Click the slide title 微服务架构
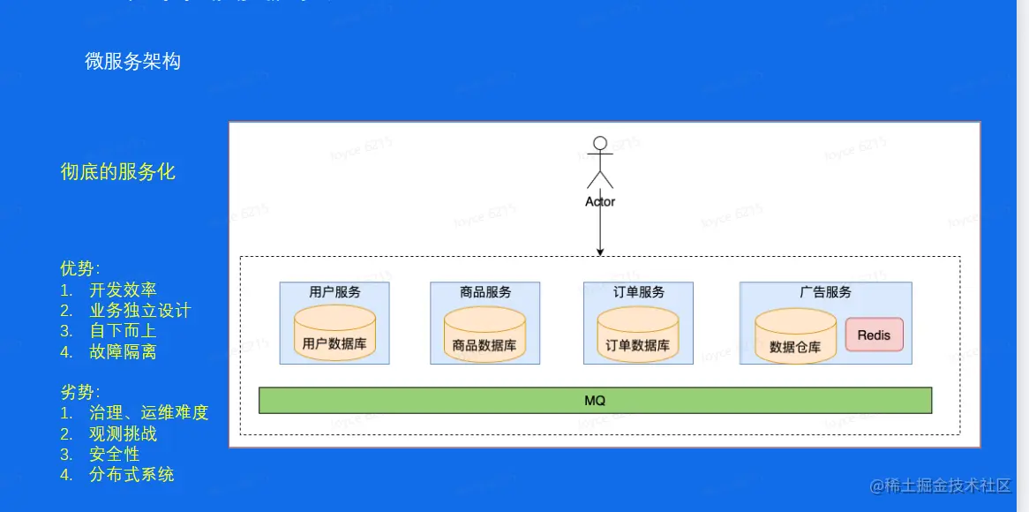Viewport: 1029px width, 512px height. [132, 61]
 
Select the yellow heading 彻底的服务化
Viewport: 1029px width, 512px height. [118, 172]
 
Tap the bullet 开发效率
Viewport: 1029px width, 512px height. [123, 290]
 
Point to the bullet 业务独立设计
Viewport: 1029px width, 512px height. [139, 311]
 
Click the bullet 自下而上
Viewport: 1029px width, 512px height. [123, 331]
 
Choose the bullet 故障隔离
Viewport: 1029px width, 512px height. [123, 351]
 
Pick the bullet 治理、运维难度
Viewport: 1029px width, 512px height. [148, 412]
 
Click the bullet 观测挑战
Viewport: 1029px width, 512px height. [123, 433]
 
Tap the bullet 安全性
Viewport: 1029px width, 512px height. [114, 454]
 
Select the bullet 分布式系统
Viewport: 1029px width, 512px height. [131, 474]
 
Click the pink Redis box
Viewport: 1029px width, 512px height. [874, 335]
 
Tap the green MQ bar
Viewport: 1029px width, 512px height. [595, 401]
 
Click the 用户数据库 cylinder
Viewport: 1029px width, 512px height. [334, 333]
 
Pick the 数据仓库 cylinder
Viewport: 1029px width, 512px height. [795, 335]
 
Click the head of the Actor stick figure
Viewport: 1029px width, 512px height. [600, 143]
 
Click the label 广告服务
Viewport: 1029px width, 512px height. [825, 291]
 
